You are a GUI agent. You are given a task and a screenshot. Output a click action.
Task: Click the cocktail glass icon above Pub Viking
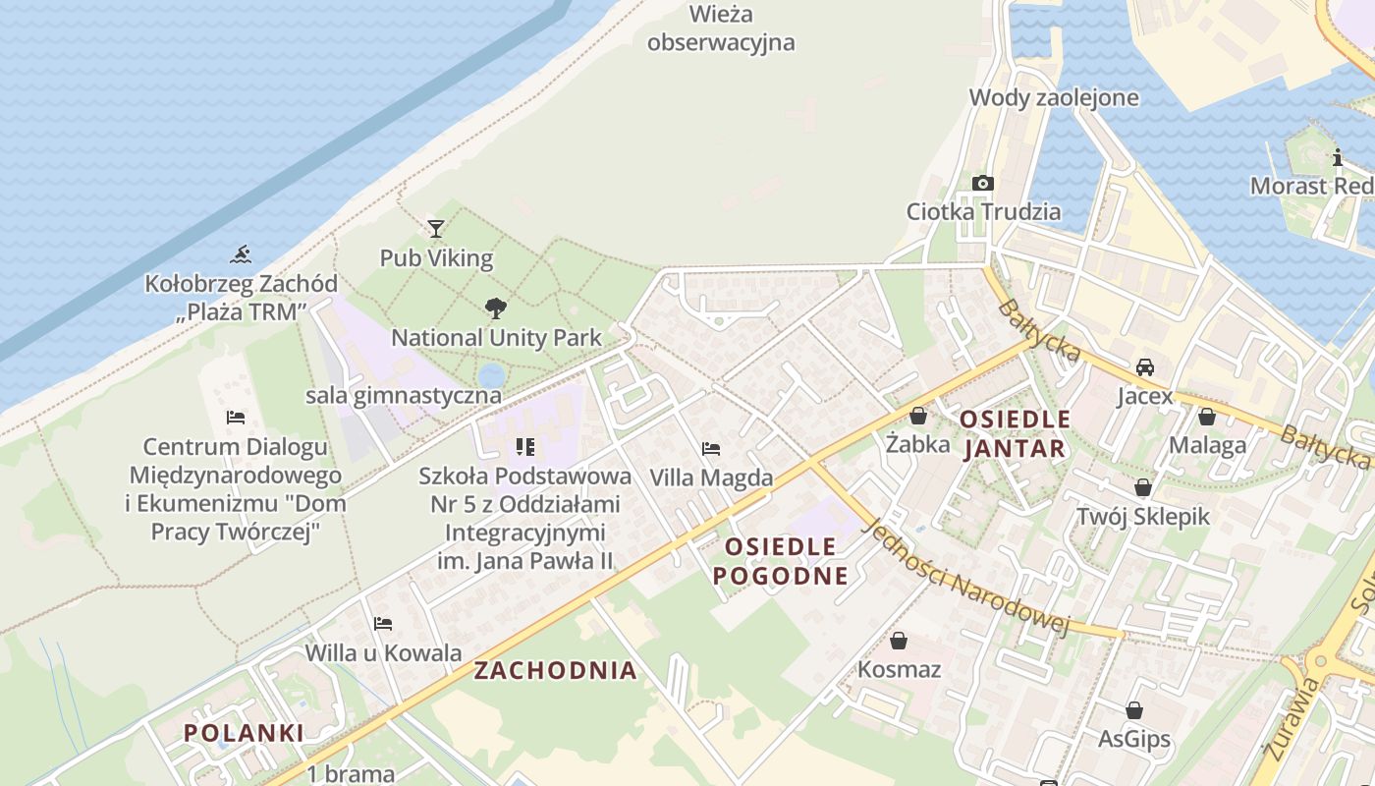(436, 229)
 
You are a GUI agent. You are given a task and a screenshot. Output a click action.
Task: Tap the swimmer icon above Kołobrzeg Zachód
(241, 255)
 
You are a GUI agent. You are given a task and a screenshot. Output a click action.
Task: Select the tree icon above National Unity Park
(496, 309)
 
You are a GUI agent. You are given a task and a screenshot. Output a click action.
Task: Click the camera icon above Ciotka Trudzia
(983, 183)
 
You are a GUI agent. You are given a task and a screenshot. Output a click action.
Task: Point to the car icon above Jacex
(1144, 367)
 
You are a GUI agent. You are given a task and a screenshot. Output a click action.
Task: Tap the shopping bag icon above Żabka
(918, 417)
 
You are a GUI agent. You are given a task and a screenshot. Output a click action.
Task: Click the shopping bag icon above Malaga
(1207, 417)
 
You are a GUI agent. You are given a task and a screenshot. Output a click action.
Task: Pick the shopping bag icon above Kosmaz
(899, 642)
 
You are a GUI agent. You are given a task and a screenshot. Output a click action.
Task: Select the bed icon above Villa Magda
(711, 449)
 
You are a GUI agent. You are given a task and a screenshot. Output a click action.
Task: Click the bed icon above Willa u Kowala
(383, 624)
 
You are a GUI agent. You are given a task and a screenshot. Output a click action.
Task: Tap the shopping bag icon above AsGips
(1134, 710)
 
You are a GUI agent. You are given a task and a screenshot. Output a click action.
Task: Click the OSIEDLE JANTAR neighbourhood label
(1015, 434)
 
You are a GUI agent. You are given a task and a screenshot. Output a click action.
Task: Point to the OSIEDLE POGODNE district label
(780, 561)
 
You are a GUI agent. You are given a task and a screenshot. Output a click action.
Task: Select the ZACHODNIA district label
(556, 671)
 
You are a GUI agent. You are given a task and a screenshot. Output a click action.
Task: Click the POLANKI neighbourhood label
(244, 733)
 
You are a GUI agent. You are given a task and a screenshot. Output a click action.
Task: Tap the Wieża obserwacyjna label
(721, 28)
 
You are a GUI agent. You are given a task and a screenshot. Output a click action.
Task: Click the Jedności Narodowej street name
(964, 579)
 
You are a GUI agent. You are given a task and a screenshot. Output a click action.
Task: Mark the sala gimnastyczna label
(404, 396)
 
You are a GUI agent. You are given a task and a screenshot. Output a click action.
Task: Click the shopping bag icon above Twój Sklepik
(1143, 487)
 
